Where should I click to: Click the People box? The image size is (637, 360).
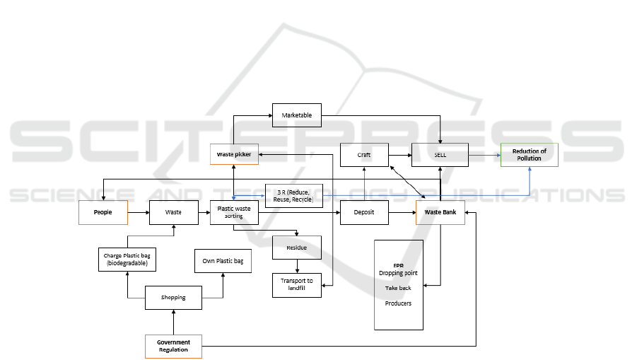tap(103, 212)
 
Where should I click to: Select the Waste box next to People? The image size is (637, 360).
tap(173, 212)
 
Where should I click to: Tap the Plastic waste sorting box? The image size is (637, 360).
tap(234, 212)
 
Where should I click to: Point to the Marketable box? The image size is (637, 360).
tap(297, 115)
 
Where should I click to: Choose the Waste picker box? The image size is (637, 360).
tap(234, 153)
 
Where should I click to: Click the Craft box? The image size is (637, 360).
tap(364, 154)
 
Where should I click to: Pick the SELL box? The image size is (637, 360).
tap(440, 154)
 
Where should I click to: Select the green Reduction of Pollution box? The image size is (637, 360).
tap(529, 154)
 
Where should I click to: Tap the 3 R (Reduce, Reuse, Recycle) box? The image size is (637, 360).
tap(293, 196)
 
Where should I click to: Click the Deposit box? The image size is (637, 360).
tap(364, 212)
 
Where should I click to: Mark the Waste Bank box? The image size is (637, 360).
tap(440, 212)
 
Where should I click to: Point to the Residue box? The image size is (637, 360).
tap(297, 248)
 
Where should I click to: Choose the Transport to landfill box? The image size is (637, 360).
tap(297, 284)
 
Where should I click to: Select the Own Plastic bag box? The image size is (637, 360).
tap(223, 261)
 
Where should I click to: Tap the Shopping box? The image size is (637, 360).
tap(173, 298)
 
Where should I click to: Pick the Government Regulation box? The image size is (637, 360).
tap(173, 346)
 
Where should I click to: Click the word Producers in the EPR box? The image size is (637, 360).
tap(398, 303)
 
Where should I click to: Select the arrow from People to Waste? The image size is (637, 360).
tap(139, 212)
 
